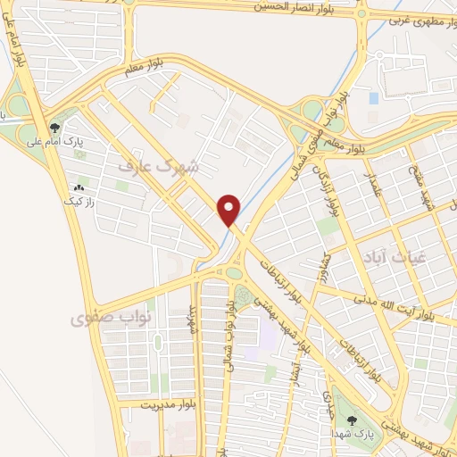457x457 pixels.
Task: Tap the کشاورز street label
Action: [x=327, y=270]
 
